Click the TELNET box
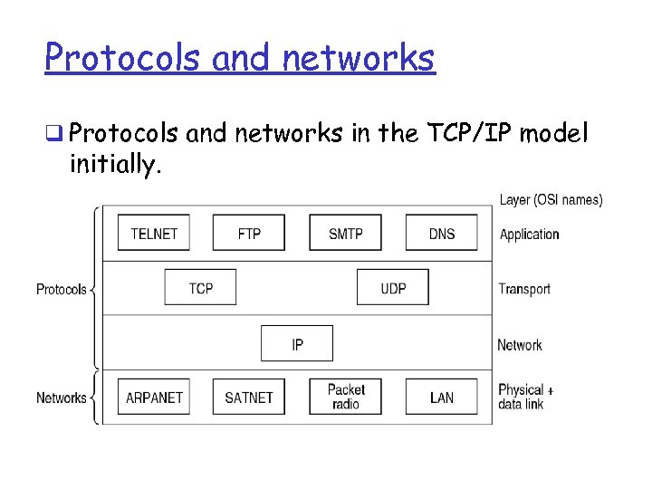[154, 234]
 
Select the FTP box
[249, 234]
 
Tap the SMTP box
[345, 234]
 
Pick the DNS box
[441, 234]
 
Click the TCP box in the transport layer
[201, 288]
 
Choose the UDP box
[393, 288]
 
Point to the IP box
[297, 344]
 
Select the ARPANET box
[154, 398]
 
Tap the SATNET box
[249, 398]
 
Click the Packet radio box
[345, 397]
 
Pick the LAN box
[441, 398]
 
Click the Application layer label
[529, 235]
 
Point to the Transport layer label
[524, 289]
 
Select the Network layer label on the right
[520, 345]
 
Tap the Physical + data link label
[525, 397]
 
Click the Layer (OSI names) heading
[551, 200]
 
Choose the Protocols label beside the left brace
[62, 290]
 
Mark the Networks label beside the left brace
[62, 398]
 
